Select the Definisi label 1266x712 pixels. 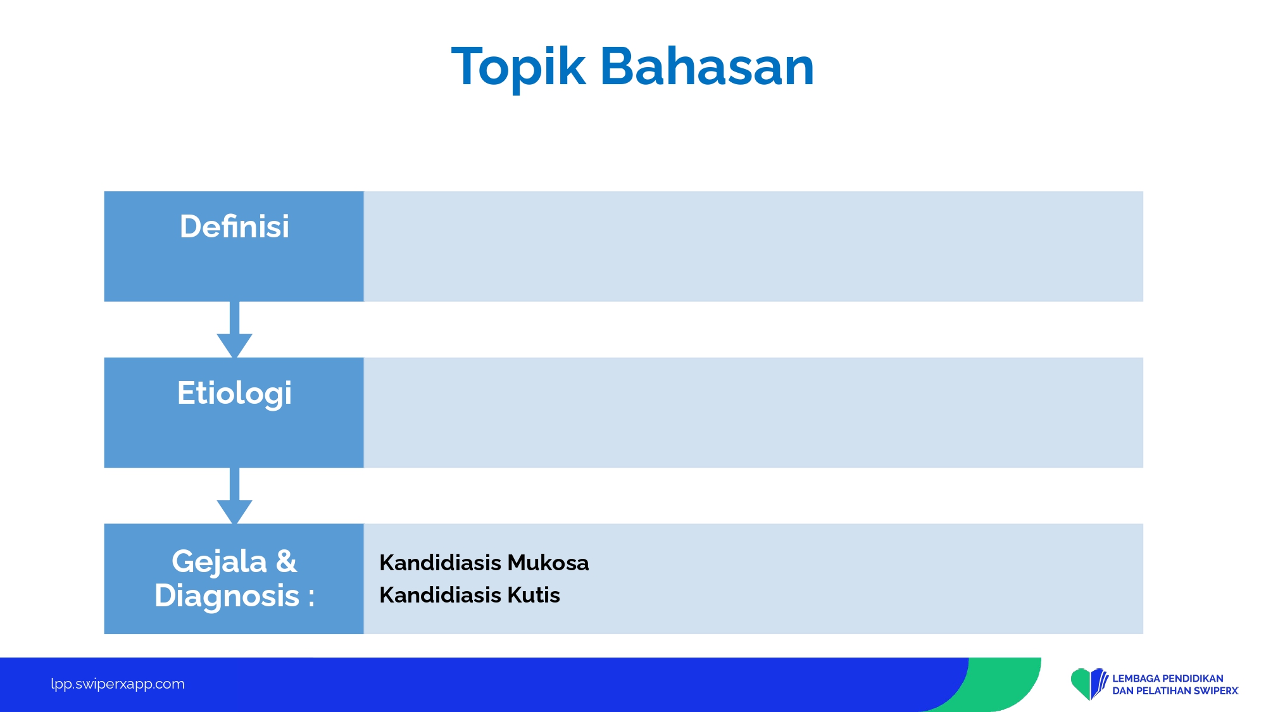point(234,227)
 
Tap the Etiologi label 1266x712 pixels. point(234,394)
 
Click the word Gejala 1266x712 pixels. point(219,562)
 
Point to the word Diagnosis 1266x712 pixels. point(227,596)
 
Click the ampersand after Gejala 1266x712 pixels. point(286,561)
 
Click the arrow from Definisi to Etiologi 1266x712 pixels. point(234,330)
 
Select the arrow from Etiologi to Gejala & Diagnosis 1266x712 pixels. point(234,496)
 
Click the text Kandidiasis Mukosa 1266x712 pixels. point(484,563)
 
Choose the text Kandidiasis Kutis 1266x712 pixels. point(470,595)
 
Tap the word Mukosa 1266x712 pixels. point(548,563)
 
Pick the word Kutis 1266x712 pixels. point(534,595)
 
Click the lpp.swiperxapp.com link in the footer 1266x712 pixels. point(118,684)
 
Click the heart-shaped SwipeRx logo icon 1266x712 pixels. point(1089,684)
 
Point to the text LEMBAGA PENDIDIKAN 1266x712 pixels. point(1168,678)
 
